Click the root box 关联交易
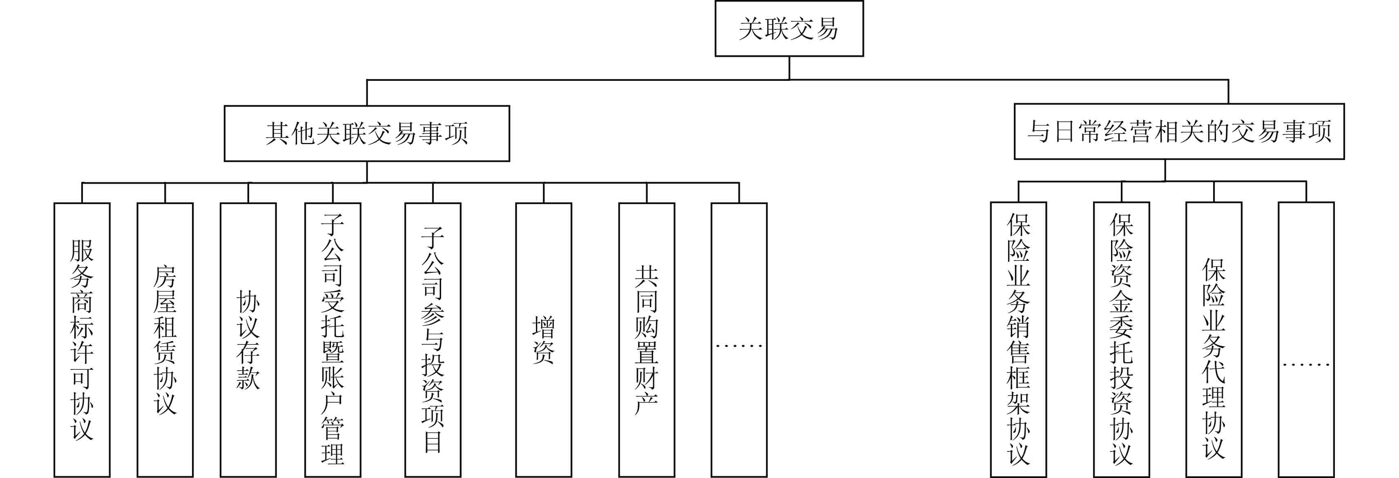(x=789, y=29)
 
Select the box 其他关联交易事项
(x=366, y=133)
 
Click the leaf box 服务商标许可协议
(x=82, y=340)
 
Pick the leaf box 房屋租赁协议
(x=165, y=340)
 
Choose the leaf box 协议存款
(x=248, y=340)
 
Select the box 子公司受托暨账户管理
(x=332, y=340)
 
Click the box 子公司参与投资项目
(x=433, y=340)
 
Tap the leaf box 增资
(x=544, y=340)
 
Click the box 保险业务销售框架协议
(x=1018, y=340)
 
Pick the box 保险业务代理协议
(x=1214, y=340)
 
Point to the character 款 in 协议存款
(x=248, y=378)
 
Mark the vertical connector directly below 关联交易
(x=789, y=68)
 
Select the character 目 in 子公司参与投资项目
(x=433, y=442)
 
